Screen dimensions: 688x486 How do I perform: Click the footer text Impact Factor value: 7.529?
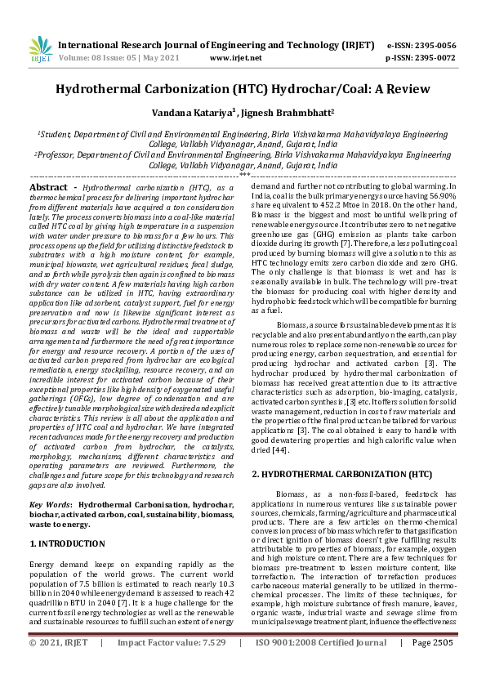[172, 666]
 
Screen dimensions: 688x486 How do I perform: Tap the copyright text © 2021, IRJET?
[59, 666]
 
